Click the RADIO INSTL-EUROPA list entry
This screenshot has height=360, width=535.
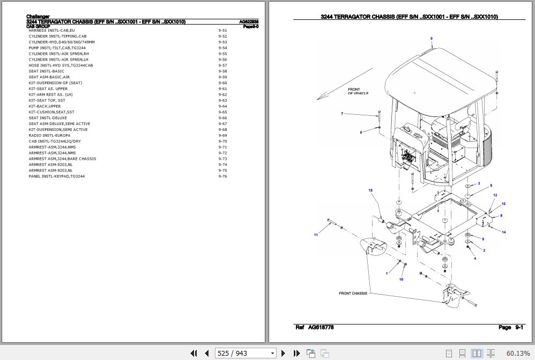point(49,136)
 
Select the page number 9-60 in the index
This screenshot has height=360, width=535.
point(222,83)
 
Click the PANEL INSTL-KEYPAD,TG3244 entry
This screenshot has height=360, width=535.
point(56,176)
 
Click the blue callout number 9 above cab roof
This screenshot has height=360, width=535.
point(431,39)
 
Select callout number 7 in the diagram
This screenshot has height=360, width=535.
point(342,114)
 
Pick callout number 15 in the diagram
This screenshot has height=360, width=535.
point(370,190)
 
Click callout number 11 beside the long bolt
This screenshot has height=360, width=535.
point(316,235)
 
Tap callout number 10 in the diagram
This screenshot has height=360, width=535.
point(401,280)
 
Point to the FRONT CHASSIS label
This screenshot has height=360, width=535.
point(353,293)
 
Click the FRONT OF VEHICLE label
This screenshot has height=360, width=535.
point(358,92)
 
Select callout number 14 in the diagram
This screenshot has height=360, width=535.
point(504,232)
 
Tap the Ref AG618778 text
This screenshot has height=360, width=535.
point(314,327)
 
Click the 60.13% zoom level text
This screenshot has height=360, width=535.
point(517,353)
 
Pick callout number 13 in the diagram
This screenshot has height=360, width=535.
point(503,204)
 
